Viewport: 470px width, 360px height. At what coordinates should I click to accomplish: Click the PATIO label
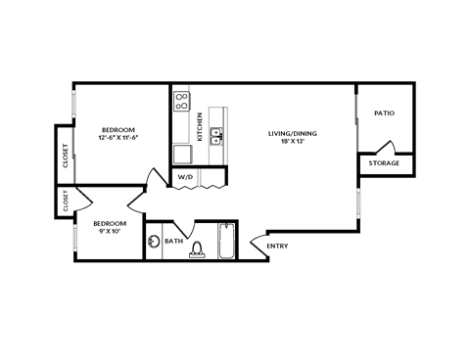(385, 113)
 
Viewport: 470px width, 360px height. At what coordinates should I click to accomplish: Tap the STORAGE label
(385, 164)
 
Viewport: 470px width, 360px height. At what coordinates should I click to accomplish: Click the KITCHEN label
(200, 126)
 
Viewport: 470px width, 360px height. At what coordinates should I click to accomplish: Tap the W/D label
(183, 177)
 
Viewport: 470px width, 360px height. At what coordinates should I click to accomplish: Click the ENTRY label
(277, 246)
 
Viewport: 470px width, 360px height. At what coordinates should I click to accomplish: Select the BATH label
(173, 241)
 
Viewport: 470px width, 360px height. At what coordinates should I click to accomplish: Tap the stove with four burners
(182, 102)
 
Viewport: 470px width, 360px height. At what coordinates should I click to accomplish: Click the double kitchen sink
(216, 137)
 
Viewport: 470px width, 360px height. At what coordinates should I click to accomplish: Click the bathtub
(226, 242)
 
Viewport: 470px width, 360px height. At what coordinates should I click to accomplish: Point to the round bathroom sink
(154, 242)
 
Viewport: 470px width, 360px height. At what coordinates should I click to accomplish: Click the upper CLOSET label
(66, 157)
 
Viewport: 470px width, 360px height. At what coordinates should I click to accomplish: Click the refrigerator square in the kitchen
(182, 154)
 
